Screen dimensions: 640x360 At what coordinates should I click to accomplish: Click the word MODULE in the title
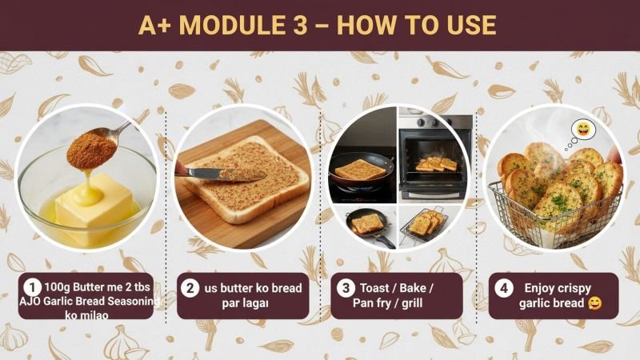click(x=233, y=25)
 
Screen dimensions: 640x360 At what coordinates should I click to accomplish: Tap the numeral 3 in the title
click(x=300, y=25)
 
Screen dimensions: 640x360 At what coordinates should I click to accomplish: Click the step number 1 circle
click(x=32, y=287)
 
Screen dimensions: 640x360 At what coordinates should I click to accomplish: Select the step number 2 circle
click(x=190, y=288)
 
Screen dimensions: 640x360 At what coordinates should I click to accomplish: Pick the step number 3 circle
click(x=346, y=288)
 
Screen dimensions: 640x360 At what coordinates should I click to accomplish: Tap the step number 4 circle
click(x=504, y=288)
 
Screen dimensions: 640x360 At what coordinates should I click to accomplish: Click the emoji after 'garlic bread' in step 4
click(x=594, y=303)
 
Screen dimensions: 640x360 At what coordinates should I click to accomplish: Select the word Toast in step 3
click(x=374, y=288)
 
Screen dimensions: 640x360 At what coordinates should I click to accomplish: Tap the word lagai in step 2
click(x=254, y=304)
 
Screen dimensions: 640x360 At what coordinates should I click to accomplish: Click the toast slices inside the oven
click(x=436, y=164)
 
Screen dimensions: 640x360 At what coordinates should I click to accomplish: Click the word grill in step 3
click(x=412, y=304)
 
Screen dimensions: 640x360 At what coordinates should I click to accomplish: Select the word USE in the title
click(x=472, y=25)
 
